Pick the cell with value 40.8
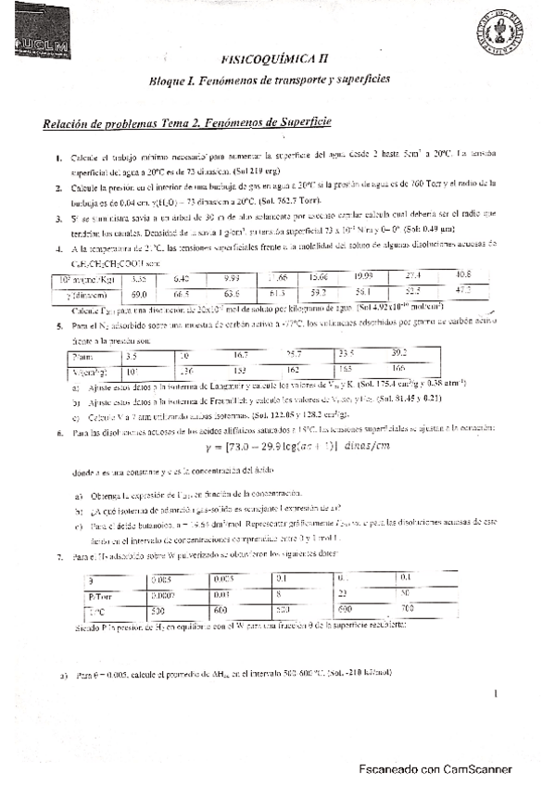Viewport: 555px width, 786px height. [x=462, y=275]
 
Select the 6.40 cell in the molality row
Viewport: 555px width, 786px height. [x=183, y=277]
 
